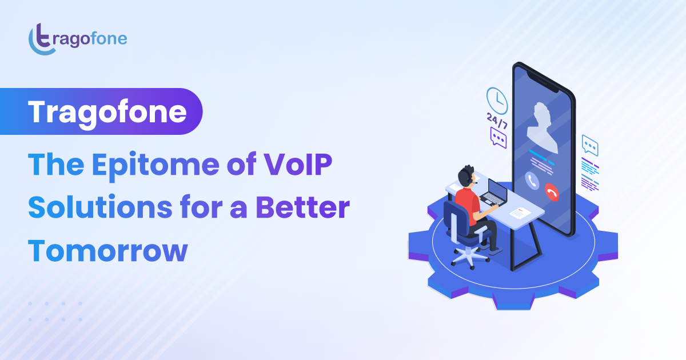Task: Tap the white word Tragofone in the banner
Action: pos(107,111)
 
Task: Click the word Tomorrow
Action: pos(108,250)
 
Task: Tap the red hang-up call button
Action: pos(552,192)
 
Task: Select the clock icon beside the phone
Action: pos(497,101)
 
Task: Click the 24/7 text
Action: pos(497,121)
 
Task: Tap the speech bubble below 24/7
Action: pos(498,138)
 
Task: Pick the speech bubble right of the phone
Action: pos(590,146)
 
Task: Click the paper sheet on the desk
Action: pos(520,213)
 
